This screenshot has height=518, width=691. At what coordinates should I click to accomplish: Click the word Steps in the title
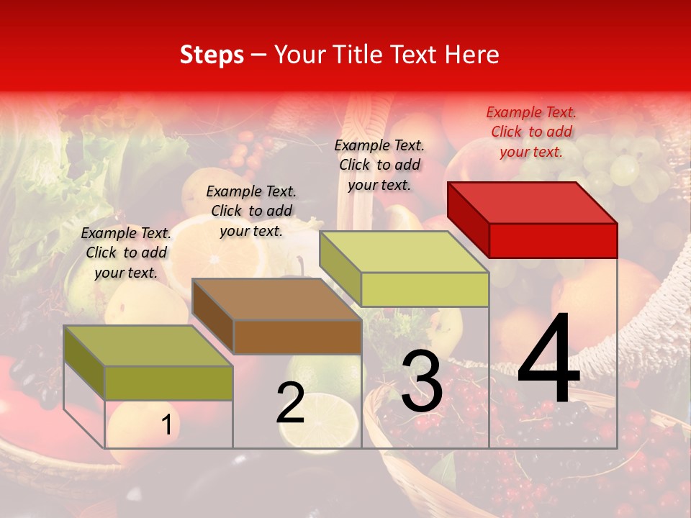click(212, 55)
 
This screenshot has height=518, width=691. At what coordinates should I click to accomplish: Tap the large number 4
click(548, 360)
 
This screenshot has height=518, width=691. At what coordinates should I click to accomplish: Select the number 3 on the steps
click(422, 381)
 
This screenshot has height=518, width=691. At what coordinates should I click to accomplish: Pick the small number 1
click(167, 424)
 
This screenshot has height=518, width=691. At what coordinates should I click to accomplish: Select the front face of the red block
click(553, 240)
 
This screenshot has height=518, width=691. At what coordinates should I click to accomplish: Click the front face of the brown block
click(297, 337)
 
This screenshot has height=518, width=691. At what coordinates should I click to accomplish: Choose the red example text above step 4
click(531, 132)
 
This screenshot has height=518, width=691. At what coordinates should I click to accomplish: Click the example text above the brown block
click(251, 211)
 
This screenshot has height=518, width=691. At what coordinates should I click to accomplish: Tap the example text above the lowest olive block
click(126, 253)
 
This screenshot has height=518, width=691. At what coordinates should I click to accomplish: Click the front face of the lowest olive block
click(168, 383)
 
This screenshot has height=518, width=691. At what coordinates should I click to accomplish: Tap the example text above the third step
click(379, 165)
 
